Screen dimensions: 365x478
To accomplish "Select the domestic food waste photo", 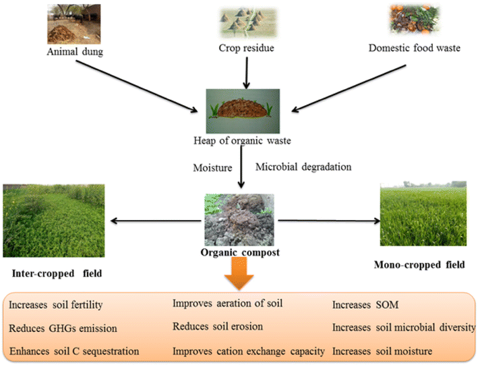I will point(418,20).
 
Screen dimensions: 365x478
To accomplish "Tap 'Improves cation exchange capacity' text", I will point(249,351).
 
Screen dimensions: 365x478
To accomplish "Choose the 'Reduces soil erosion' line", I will point(217,327).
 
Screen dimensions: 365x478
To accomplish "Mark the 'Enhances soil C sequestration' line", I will point(74,352).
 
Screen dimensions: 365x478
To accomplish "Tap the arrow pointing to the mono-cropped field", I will point(327,221).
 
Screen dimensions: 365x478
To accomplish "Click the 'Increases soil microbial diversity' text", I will point(402,328).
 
